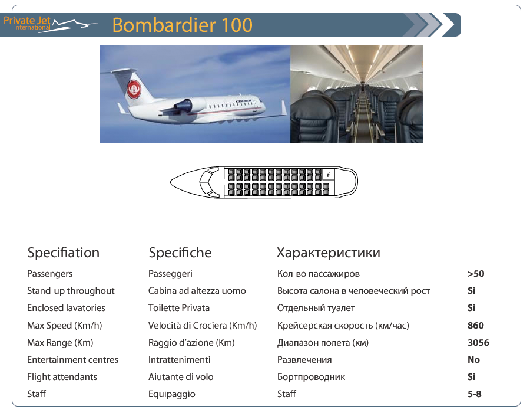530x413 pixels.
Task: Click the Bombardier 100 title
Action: coord(182,25)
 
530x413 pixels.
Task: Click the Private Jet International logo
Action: coord(50,24)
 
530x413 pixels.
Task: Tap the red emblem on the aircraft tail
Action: coord(134,89)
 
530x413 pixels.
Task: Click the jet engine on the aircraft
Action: coord(185,106)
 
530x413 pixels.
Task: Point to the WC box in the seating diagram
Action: coord(328,174)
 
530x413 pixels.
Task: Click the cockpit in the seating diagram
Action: coord(210,182)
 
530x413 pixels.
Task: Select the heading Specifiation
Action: coord(63,253)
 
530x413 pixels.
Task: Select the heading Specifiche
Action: coord(180,253)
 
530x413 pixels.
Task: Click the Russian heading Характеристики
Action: coord(328,253)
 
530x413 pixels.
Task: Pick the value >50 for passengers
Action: coord(476,274)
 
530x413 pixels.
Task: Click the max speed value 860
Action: coord(476,325)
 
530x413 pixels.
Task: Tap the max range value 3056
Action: coord(478,343)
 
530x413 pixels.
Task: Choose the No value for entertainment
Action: coord(473,359)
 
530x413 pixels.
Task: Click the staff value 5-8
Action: coord(474,394)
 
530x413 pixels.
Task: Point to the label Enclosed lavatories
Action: coord(66,308)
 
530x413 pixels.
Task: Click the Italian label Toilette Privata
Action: coord(179,308)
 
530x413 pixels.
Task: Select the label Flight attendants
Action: coord(62,377)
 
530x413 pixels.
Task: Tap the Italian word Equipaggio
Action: coord(172,394)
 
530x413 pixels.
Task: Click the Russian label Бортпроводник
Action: coord(311,377)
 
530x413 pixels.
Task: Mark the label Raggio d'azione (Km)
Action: coord(191,343)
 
